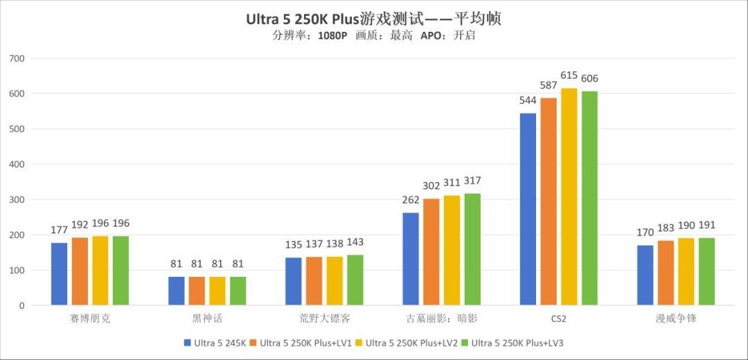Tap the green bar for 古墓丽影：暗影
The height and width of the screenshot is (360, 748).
(x=472, y=249)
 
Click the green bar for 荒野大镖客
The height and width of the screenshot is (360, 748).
(x=355, y=280)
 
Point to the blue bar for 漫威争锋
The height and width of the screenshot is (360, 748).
(x=645, y=275)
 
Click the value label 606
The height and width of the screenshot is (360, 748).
(x=589, y=78)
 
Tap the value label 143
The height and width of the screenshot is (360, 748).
(x=355, y=242)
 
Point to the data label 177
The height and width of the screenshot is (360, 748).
(x=60, y=230)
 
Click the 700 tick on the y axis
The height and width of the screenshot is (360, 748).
(x=17, y=59)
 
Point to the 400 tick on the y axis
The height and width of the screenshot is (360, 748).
(x=17, y=165)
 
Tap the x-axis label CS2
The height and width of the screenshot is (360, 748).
(x=558, y=319)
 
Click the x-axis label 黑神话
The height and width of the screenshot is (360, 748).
(x=207, y=319)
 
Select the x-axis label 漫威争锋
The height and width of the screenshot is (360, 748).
(x=675, y=319)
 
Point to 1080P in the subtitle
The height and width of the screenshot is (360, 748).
(x=332, y=36)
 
